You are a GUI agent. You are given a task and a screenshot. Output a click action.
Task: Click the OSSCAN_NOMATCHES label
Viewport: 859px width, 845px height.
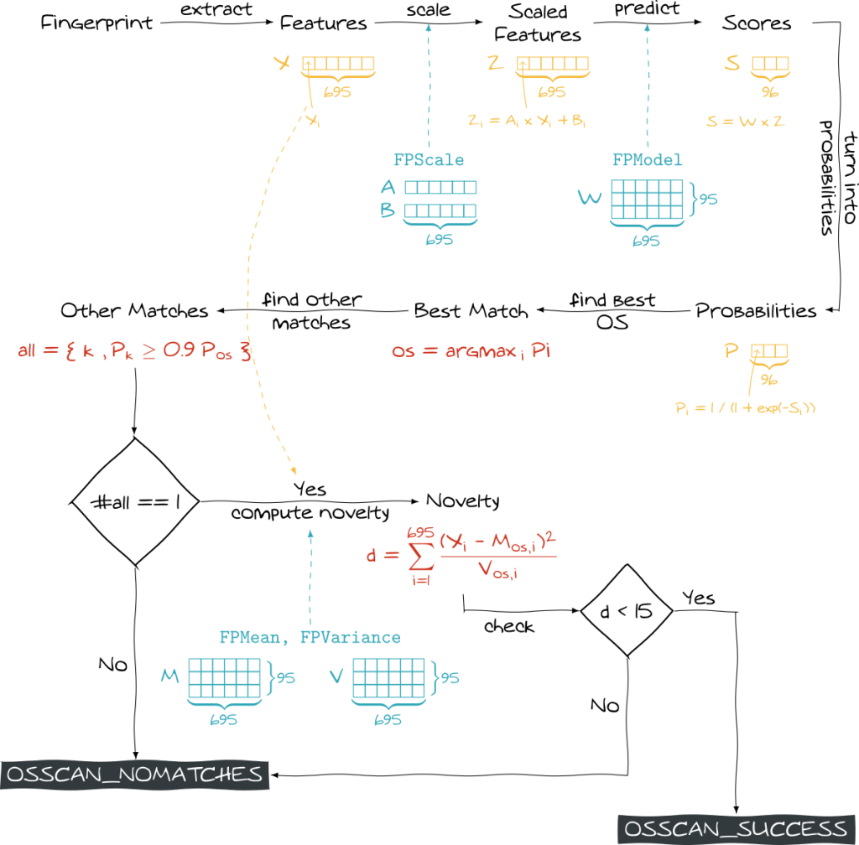pos(134,775)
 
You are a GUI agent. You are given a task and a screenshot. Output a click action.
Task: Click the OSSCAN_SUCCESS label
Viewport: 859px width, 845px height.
pos(736,829)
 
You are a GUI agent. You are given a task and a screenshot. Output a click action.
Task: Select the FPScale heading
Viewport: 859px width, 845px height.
pos(429,160)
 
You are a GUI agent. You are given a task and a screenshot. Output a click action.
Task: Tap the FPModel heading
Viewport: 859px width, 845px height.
pos(648,160)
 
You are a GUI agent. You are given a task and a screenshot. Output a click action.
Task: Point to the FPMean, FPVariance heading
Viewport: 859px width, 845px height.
pos(310,637)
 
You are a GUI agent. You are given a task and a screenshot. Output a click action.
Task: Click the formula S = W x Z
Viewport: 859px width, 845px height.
pos(746,122)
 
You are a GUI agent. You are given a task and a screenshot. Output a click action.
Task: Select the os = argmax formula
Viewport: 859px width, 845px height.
pos(471,351)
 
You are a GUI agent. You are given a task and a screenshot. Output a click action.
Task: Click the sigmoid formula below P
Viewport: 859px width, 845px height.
pos(746,408)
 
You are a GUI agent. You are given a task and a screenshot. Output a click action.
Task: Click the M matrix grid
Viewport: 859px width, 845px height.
pos(224,678)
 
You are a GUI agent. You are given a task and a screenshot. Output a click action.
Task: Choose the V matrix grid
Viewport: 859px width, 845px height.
pos(388,678)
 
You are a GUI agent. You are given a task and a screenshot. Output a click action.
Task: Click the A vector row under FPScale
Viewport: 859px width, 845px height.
pos(440,188)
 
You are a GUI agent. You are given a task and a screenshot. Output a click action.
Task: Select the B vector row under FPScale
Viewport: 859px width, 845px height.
pos(440,210)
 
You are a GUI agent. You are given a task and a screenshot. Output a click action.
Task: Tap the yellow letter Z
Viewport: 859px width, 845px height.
pos(495,64)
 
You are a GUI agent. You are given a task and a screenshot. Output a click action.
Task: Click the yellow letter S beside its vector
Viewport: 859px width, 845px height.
pos(732,64)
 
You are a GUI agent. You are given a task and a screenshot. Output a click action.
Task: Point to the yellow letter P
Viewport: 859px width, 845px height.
pos(732,351)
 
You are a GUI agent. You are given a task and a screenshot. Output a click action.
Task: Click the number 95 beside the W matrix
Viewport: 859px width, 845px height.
pos(708,200)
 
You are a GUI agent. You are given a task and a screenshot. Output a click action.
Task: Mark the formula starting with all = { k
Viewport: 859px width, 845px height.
pos(134,351)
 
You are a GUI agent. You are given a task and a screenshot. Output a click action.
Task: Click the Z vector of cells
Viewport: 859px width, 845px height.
pos(553,64)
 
